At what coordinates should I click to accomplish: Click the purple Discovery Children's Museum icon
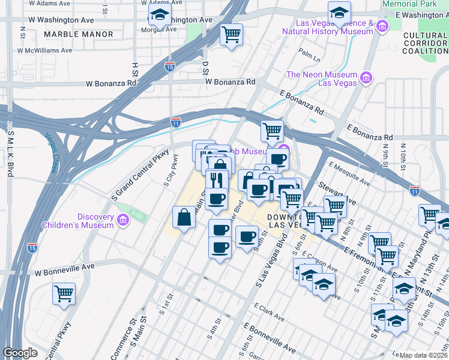pos(122,221)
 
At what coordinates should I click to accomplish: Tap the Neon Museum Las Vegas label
pos(322,79)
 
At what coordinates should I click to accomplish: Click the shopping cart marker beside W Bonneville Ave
pos(64,294)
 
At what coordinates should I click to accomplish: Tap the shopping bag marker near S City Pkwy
pos(184,217)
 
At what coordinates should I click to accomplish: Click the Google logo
pos(20,353)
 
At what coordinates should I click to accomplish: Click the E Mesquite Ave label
pos(351,172)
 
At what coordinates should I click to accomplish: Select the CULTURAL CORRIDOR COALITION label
pos(425,43)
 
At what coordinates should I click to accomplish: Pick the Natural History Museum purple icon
pos(381,26)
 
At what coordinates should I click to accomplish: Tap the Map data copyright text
pos(423,355)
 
